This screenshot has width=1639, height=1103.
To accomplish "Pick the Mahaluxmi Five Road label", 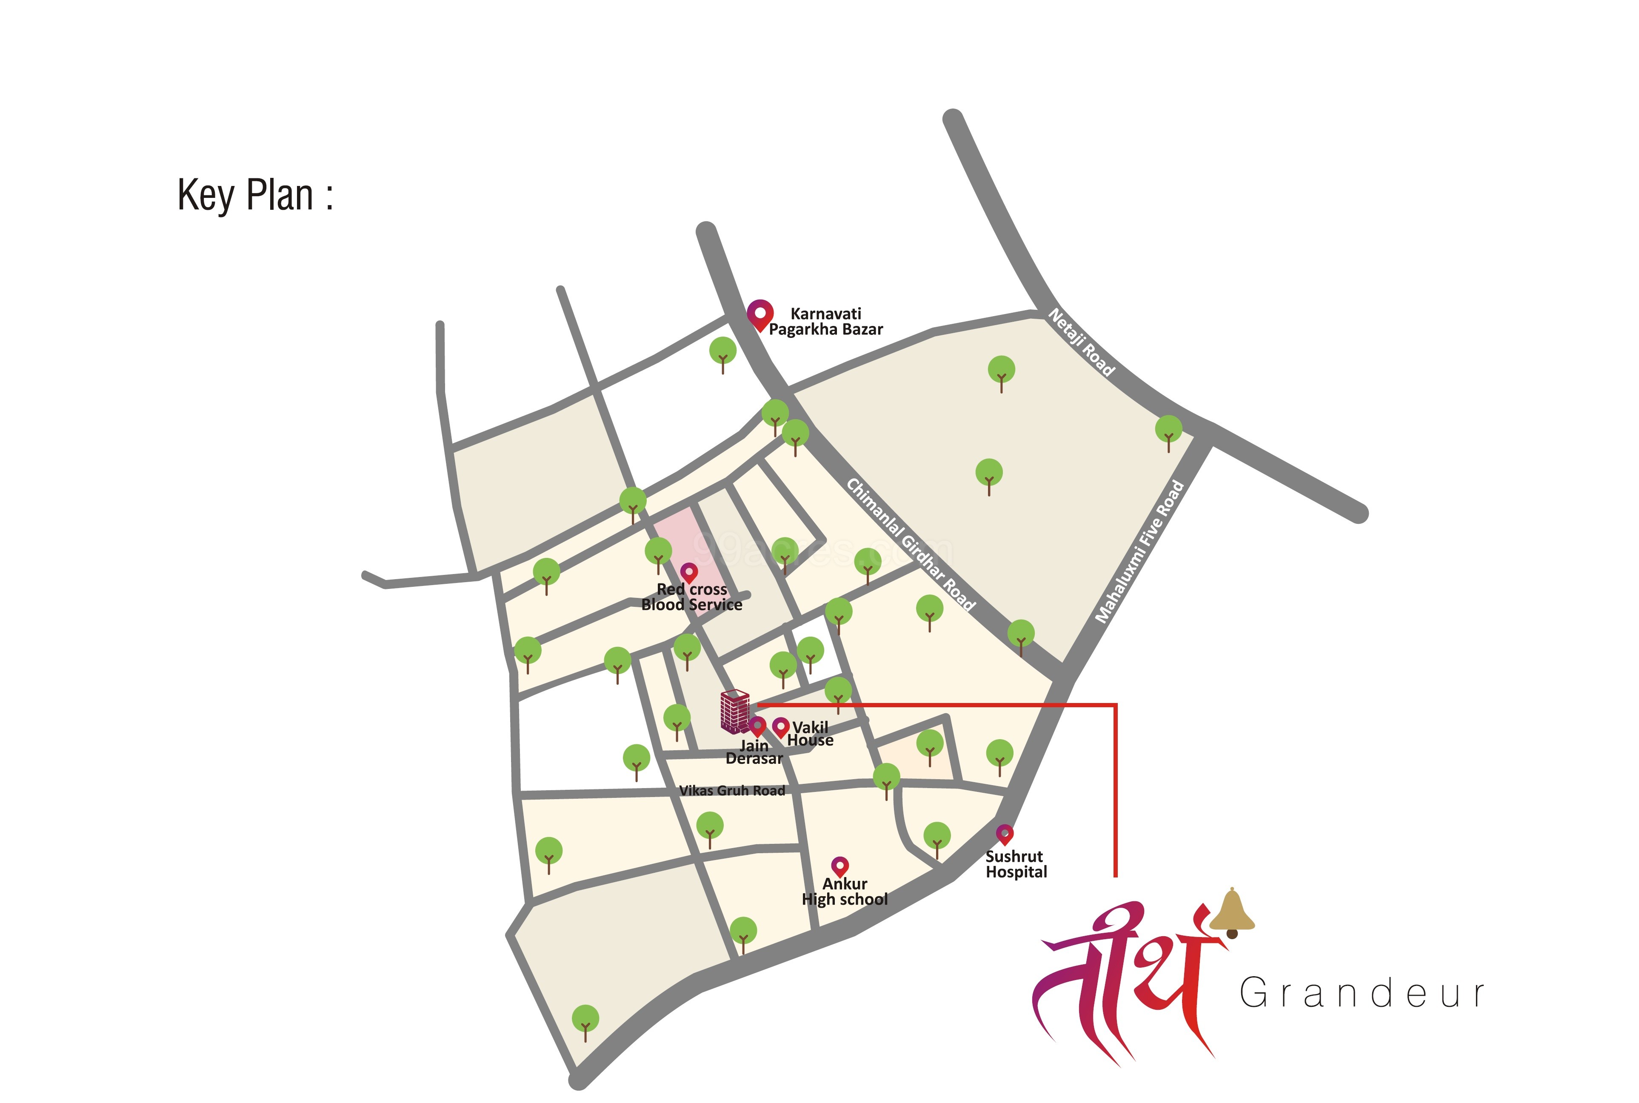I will point(1139,551).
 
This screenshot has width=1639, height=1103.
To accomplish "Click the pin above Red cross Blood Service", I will point(689,572).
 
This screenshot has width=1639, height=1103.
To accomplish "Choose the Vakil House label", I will point(811,734).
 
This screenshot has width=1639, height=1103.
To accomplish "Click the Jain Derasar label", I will point(754,752).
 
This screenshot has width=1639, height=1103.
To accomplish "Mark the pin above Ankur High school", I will point(840,866).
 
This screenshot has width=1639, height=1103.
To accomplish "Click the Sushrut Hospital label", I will point(1015,864).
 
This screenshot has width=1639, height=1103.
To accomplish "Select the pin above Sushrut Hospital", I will point(1005,834).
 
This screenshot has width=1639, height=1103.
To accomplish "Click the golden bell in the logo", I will point(1232,912).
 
